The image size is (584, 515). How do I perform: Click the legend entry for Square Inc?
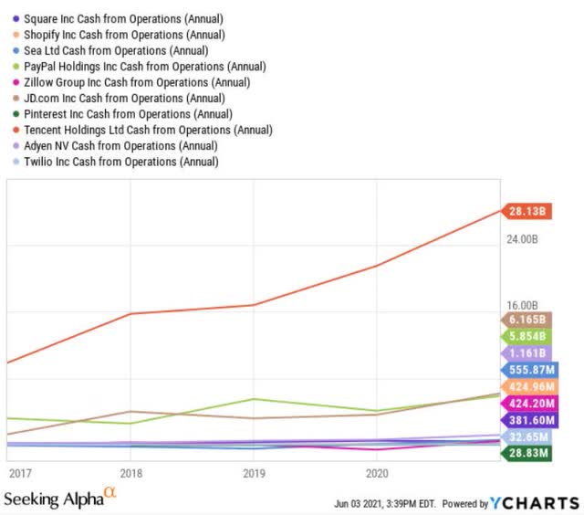(119, 18)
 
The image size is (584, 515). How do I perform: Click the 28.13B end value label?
(527, 211)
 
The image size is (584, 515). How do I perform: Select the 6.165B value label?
(527, 320)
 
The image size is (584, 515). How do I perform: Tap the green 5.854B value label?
(527, 336)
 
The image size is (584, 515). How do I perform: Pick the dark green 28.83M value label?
(527, 453)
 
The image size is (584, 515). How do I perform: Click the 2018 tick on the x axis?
(131, 473)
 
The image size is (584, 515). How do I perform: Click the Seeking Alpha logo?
(60, 499)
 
